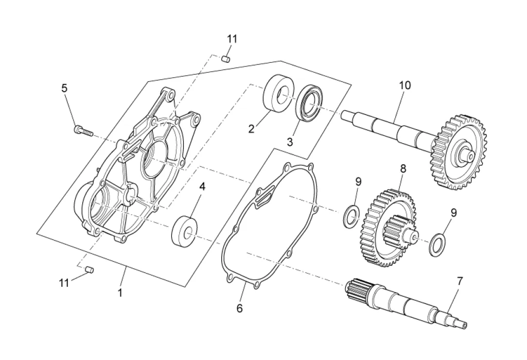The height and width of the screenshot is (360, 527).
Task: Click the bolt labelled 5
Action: (83, 130)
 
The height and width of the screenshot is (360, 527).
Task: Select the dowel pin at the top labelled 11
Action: (226, 59)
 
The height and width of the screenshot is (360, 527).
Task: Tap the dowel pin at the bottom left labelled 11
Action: (90, 269)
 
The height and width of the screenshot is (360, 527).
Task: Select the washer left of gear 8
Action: (351, 216)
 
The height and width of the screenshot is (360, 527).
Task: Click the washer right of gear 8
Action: (437, 244)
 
